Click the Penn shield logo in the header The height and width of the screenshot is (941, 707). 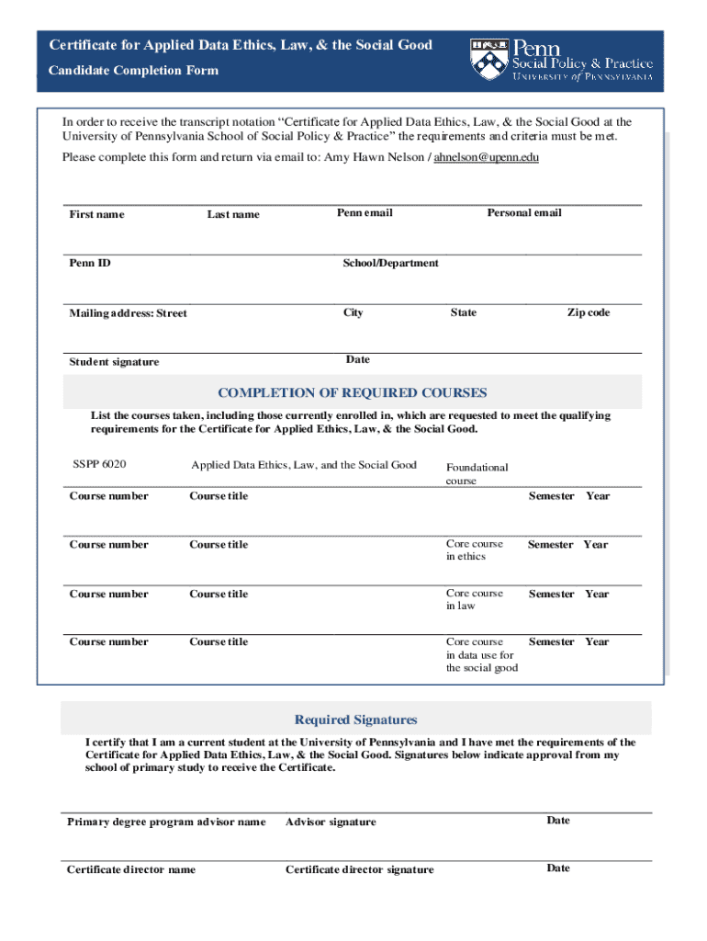click(x=488, y=59)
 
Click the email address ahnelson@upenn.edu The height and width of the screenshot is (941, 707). click(x=486, y=157)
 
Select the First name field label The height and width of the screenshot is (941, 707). click(x=96, y=214)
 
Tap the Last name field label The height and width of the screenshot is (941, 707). click(x=233, y=214)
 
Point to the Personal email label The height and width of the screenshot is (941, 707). click(x=523, y=212)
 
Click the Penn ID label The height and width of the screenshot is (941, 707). click(x=90, y=263)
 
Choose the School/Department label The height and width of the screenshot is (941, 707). click(x=390, y=263)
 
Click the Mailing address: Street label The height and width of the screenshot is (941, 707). click(x=128, y=313)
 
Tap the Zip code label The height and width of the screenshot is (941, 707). click(x=588, y=312)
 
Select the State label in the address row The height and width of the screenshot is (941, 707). click(x=463, y=312)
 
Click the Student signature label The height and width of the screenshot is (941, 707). click(x=114, y=362)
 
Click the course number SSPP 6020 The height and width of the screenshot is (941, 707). click(x=99, y=464)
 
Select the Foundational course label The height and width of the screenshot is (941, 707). click(x=477, y=473)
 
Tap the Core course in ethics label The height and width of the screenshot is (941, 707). click(x=474, y=550)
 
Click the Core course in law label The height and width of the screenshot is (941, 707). click(x=474, y=599)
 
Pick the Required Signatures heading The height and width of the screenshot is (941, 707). click(x=355, y=720)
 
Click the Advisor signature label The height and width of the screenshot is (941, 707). click(x=331, y=822)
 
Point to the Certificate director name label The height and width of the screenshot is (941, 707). click(x=130, y=869)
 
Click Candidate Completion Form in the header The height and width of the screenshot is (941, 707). click(x=134, y=70)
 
